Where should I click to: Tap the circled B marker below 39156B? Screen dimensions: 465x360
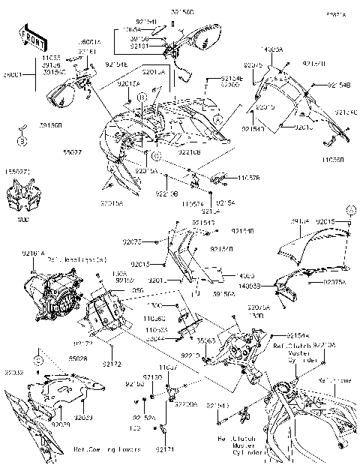pyautogui.click(x=22, y=141)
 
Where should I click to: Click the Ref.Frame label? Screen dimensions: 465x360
pyautogui.click(x=333, y=380)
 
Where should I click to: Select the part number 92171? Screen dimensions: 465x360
pyautogui.click(x=165, y=448)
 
